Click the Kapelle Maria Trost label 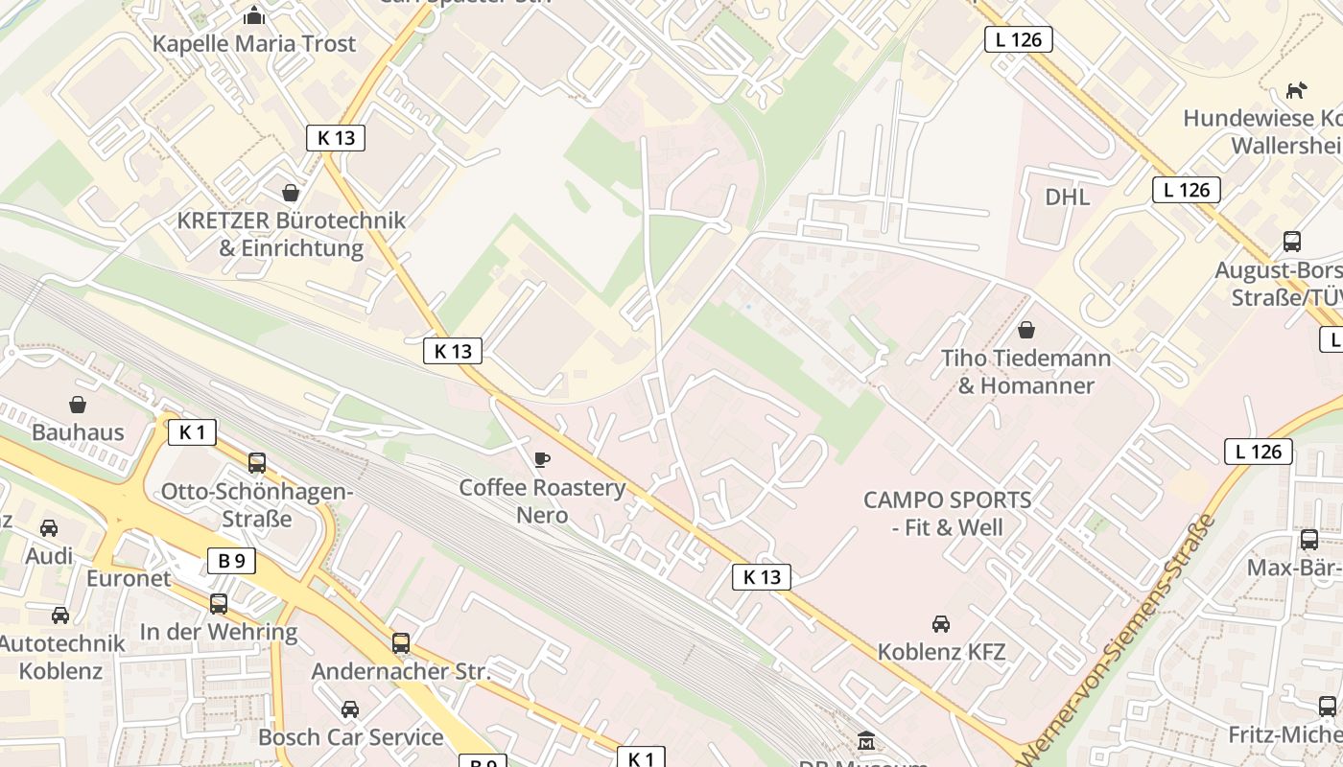pos(254,43)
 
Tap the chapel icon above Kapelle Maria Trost pos(254,15)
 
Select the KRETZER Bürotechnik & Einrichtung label pos(292,234)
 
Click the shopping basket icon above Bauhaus pos(78,405)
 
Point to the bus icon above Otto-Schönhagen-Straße pos(257,463)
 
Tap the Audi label pos(49,556)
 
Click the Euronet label pos(129,578)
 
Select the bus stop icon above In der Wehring pos(219,604)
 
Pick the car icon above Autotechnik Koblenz pos(60,615)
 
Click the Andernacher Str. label pos(401,670)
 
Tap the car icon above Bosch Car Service pos(350,709)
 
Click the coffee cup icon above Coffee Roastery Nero pos(542,460)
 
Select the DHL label pos(1068,197)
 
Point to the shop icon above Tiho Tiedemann pos(1026,330)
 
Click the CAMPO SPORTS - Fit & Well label pos(947,513)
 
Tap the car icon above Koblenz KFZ pos(941,624)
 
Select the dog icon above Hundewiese pos(1296,91)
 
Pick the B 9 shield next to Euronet pos(231,561)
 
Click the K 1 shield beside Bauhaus pos(193,432)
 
